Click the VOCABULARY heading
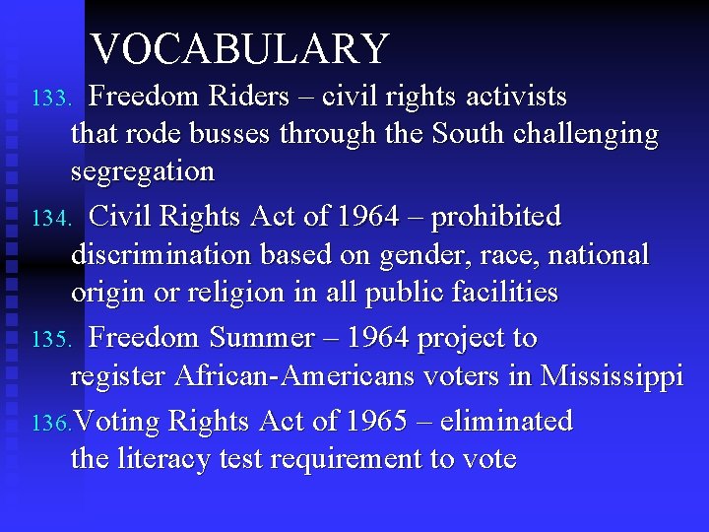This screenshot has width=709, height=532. coord(240,49)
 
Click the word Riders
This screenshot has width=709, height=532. coord(247,97)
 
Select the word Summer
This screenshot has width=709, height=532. coord(263,338)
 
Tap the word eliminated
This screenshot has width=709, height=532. coord(506,422)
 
